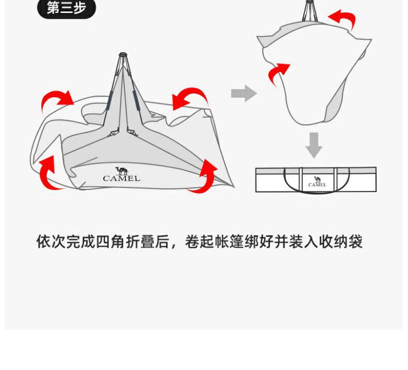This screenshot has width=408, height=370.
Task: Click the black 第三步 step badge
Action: pyautogui.click(x=67, y=8)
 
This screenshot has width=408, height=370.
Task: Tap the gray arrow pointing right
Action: pyautogui.click(x=243, y=94)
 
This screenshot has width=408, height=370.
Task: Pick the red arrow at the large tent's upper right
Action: pyautogui.click(x=190, y=98)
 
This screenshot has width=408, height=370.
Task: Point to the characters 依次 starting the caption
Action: pyautogui.click(x=51, y=241)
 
